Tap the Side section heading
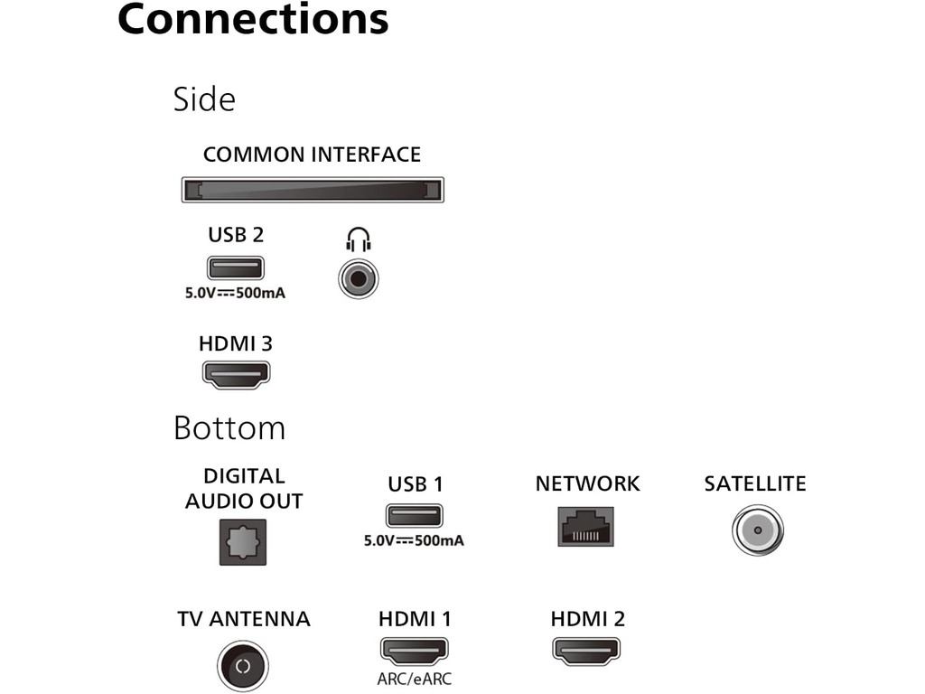[204, 98]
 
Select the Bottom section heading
[229, 427]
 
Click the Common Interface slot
[313, 190]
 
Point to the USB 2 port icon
[236, 267]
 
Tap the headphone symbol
[359, 239]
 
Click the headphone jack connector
[359, 279]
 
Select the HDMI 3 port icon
[236, 374]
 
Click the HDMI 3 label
[236, 344]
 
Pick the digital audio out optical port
[243, 543]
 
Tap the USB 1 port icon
[415, 516]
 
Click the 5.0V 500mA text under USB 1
[415, 541]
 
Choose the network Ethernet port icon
[586, 524]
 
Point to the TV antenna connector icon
[242, 667]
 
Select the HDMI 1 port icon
[415, 651]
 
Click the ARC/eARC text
[415, 679]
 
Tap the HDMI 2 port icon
[587, 651]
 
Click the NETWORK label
[587, 484]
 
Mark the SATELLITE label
[755, 484]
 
